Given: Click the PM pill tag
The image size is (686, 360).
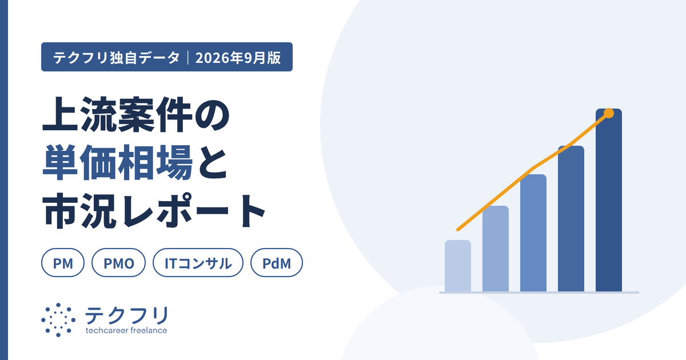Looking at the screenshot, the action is coord(63,263).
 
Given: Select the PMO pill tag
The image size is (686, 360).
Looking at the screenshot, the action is coord(118,263).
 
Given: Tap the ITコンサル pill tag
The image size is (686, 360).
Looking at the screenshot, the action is coord(198,263).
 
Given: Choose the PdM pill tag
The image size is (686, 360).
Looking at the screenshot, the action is coord(277,263).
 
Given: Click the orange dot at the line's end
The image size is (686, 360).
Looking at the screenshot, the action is coord(609,113).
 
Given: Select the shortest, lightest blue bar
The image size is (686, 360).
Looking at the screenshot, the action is coord(458,266).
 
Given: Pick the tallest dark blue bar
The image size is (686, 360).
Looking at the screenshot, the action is coord(609,200).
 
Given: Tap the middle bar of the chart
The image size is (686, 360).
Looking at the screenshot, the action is coord(533,233).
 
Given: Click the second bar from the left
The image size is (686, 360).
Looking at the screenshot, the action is coord(496,249).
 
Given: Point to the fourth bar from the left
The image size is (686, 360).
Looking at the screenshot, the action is coord(571,218).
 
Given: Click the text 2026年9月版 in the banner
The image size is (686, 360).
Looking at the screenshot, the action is coord(238,58).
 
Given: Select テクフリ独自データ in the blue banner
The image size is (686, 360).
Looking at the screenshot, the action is coord(117,58).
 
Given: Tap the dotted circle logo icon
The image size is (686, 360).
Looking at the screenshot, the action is coord(58,320).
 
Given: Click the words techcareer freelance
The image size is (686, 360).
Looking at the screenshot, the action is coord(126,330).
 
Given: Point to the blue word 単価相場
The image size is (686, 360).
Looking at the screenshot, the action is coord(118,162).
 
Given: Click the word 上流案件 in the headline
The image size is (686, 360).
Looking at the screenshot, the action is coord(118,115).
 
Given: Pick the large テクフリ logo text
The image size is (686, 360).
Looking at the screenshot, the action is coord(127,315).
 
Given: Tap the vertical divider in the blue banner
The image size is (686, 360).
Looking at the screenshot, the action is coord(188,58).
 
